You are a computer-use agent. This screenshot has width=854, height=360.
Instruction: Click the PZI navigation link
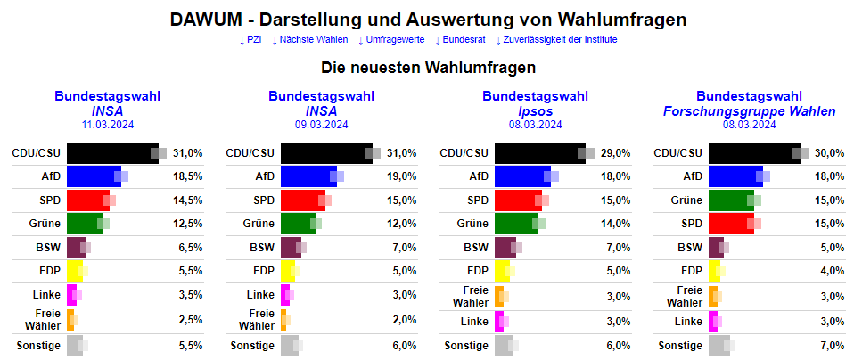tap(252, 39)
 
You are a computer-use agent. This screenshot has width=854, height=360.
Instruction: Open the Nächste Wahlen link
tap(309, 39)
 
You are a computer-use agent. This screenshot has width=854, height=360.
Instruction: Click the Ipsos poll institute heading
tap(535, 111)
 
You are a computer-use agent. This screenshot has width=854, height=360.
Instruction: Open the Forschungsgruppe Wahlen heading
tap(749, 111)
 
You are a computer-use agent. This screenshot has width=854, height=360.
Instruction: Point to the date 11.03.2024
tap(107, 125)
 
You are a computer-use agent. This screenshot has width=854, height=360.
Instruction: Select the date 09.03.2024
tap(321, 125)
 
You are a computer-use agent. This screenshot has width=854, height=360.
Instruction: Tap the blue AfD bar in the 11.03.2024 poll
tap(94, 176)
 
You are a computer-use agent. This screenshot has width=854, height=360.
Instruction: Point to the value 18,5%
tap(188, 176)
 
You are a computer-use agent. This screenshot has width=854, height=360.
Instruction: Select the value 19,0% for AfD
tap(402, 176)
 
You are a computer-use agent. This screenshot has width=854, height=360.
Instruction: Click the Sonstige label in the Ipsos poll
tap(466, 346)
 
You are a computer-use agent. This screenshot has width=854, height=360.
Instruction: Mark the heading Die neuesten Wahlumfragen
tap(427, 67)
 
